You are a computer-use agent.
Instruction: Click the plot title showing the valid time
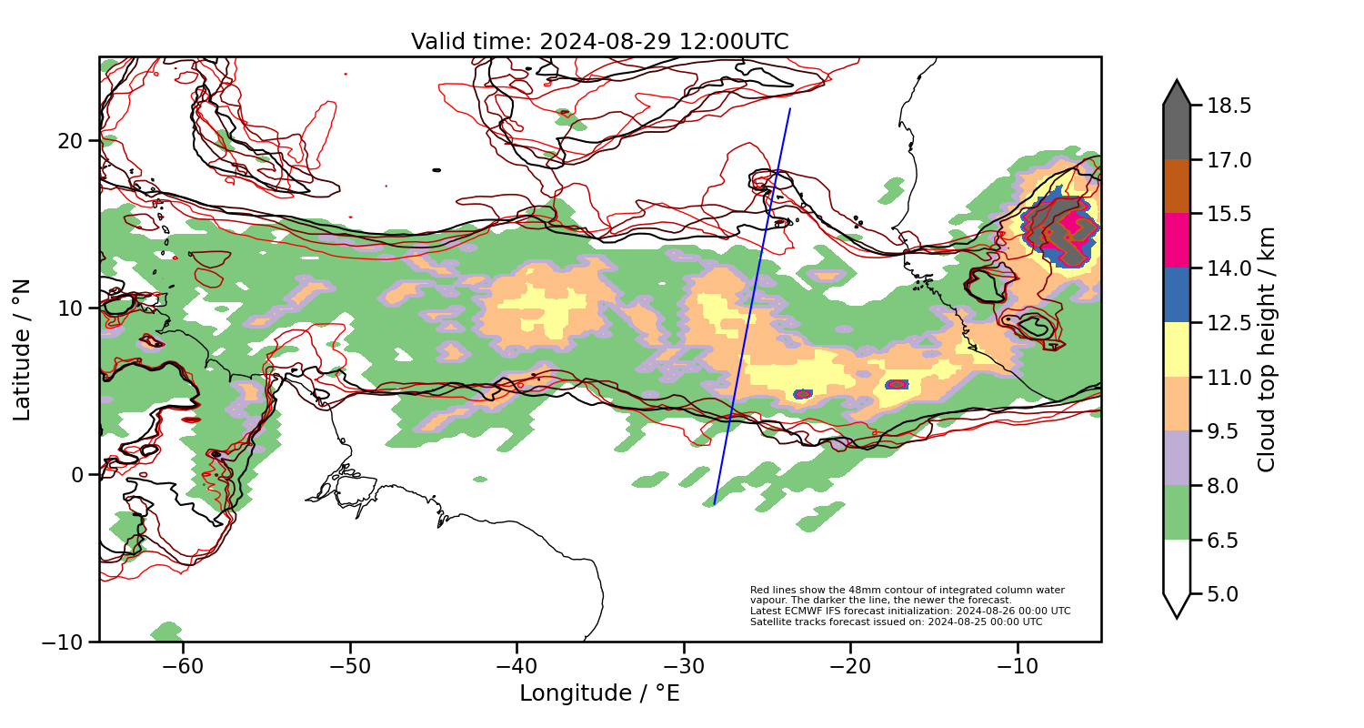(x=599, y=42)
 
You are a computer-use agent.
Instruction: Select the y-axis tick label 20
(x=72, y=141)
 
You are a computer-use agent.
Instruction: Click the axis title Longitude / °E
(x=599, y=693)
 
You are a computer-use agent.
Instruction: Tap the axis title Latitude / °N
(x=22, y=349)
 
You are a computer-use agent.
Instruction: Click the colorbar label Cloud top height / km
(x=1267, y=349)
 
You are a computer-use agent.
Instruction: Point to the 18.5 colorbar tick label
(x=1229, y=106)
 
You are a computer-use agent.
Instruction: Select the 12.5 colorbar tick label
(x=1229, y=323)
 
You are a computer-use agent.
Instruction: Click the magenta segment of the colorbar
(x=1177, y=240)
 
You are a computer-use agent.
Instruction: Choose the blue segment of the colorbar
(x=1177, y=295)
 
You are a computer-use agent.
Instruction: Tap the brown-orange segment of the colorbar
(x=1177, y=187)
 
